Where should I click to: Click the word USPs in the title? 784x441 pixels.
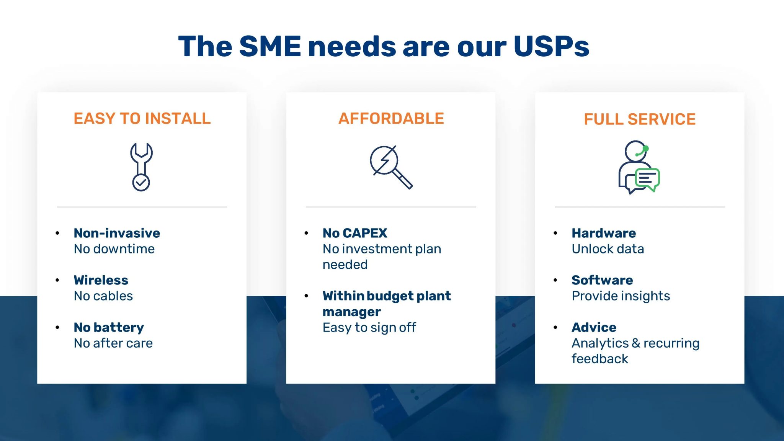(x=551, y=47)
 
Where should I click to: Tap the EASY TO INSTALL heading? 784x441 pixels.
(x=142, y=119)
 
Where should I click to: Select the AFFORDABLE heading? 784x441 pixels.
(x=391, y=119)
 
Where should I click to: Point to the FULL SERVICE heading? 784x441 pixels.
(x=639, y=119)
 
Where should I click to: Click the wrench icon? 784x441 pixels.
(x=141, y=158)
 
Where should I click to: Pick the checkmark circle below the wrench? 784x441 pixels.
(x=141, y=182)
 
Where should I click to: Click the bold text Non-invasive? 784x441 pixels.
(x=117, y=233)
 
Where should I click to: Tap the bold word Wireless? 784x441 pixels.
(x=101, y=280)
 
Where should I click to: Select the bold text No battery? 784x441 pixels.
(x=109, y=327)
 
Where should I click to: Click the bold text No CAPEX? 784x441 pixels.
(x=355, y=233)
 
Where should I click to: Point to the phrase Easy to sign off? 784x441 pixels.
(x=369, y=328)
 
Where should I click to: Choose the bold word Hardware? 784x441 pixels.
(x=604, y=233)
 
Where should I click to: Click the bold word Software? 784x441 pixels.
(x=602, y=280)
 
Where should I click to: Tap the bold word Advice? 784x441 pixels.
(x=594, y=327)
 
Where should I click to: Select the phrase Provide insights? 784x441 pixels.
(x=621, y=296)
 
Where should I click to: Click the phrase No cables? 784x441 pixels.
(x=103, y=296)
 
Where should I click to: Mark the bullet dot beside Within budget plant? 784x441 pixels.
(x=306, y=296)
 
